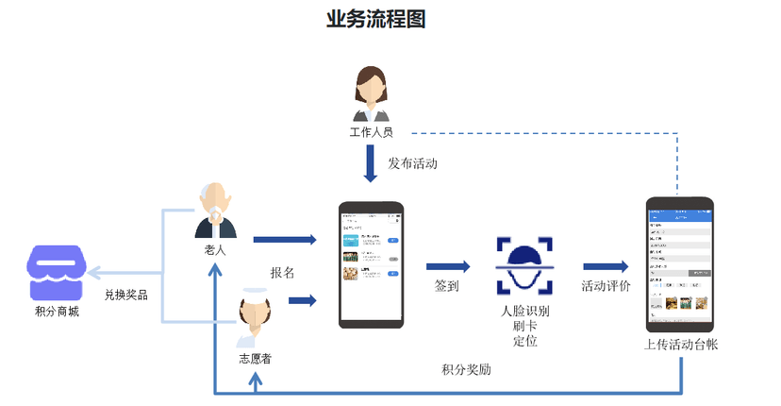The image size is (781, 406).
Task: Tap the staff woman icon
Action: pos(371,93)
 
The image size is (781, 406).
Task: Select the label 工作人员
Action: pos(371,133)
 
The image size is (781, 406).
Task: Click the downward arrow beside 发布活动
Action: pos(372,165)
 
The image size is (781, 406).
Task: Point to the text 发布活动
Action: pos(412,164)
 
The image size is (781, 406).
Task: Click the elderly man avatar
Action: pos(216,211)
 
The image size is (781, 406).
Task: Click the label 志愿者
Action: pos(256,360)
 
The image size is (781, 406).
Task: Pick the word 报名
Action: pos(283,273)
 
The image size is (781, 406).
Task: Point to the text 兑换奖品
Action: pos(125,295)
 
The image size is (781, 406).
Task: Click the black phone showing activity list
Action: pos(371,264)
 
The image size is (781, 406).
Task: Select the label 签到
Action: pos(447,286)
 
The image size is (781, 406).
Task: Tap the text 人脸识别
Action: pos(525,311)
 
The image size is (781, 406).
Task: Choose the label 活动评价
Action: pos(606,286)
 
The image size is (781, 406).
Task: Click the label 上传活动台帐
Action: pos(681,346)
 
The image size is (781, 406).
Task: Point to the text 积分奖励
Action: pos(466,369)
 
